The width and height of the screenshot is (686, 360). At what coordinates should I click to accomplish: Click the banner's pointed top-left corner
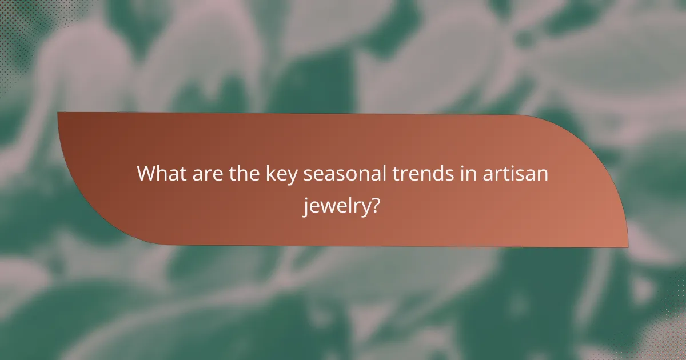click(x=59, y=113)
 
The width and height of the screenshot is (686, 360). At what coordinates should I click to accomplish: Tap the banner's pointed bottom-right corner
click(x=627, y=247)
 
